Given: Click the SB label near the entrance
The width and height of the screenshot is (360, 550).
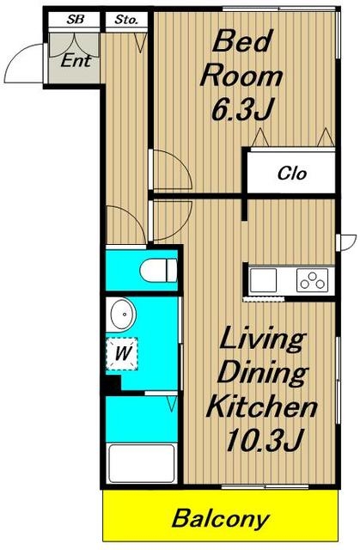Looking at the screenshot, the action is coord(75,20).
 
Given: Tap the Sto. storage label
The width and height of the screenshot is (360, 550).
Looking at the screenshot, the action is coord(126,20).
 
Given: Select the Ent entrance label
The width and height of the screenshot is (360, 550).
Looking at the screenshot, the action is coord(76,61).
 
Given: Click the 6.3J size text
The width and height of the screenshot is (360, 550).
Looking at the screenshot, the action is coord(241,109).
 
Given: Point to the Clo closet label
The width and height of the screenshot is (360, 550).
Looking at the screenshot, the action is coord(292,173).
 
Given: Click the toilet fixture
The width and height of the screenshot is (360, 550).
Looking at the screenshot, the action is coord(158,270).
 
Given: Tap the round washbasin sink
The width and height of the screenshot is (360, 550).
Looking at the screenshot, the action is coord(123,315).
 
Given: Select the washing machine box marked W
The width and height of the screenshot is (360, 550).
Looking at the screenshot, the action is coord(122,353).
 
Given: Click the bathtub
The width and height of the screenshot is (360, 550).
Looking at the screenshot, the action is coord(142,463).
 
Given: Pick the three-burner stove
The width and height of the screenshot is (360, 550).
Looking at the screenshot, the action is coord(313,280).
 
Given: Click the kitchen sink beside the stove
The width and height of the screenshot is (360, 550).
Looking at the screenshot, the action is coord(263,280).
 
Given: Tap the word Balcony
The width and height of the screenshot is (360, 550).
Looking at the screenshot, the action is coord(221,519).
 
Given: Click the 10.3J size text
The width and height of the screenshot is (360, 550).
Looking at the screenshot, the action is coord(263,440).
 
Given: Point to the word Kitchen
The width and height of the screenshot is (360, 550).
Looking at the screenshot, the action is coord(262,406).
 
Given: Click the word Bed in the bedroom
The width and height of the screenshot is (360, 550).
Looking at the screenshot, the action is coord(242,41).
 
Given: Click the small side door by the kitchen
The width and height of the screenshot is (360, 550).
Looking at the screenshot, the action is coord(346,242).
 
